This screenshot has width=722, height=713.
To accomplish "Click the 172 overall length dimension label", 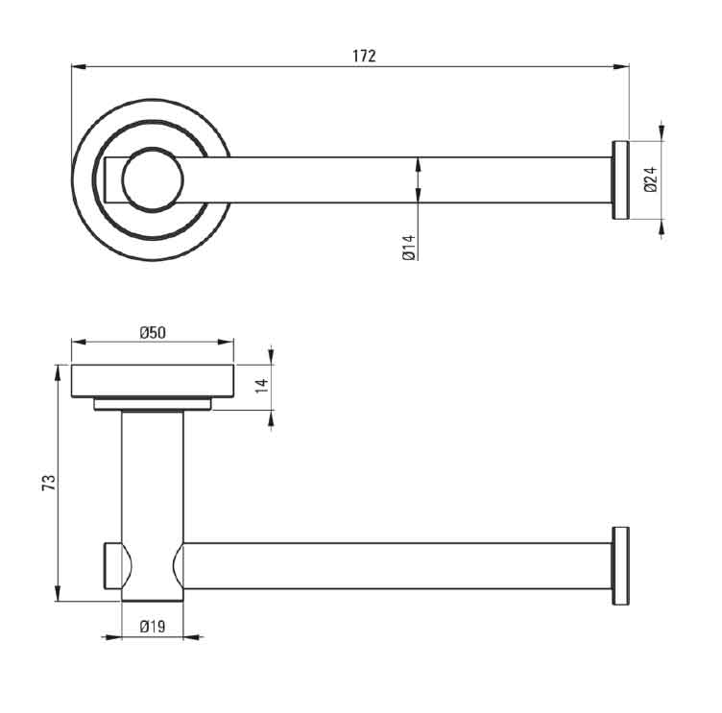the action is click(364, 56).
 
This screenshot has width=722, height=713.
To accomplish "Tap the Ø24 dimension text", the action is click(651, 179).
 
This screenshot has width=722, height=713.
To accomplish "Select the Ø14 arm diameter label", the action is click(408, 249).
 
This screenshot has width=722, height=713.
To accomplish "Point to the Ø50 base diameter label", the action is click(153, 332).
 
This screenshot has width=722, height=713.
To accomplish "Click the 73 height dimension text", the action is click(49, 483).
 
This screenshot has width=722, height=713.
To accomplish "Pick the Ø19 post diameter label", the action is click(153, 627).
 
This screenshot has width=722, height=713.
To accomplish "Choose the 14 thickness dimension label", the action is click(261, 385).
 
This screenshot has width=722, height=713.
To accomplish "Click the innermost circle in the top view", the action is click(153, 180).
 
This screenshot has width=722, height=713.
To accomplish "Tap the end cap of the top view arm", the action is click(620, 180).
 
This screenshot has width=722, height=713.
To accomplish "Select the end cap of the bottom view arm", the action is click(620, 566).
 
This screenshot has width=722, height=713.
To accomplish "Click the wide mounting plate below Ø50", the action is click(153, 381).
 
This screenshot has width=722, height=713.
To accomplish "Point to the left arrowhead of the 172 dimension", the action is click(79, 67).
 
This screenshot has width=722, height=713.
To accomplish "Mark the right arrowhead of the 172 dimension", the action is click(621, 67).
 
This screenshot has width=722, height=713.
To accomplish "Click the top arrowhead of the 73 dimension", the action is click(58, 372).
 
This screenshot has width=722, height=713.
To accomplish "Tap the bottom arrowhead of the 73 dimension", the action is click(58, 593).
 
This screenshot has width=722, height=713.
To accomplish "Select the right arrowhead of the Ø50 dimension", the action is click(226, 342).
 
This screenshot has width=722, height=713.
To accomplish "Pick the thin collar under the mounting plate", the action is click(153, 404).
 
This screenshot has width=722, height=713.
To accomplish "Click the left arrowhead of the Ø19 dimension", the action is click(113, 637).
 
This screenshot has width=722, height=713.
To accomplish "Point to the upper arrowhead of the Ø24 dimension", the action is click(662, 133).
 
